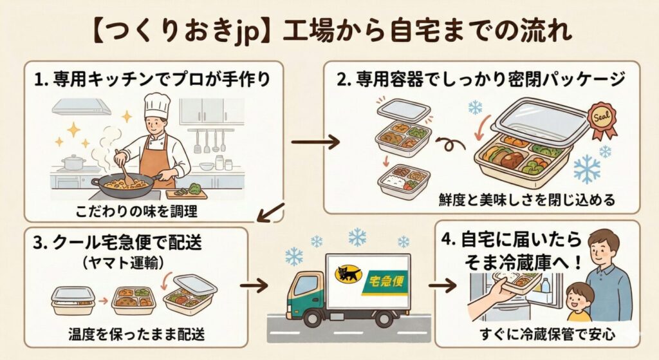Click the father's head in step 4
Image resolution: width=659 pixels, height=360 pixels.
click(x=604, y=245)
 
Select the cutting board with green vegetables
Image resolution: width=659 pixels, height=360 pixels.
click(x=187, y=193)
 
